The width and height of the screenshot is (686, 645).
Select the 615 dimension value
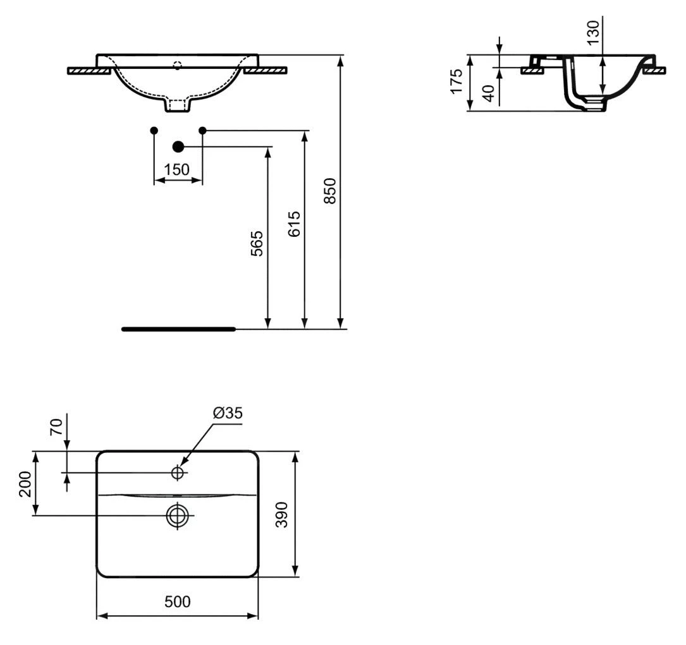[294, 224]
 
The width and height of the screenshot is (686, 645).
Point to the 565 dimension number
[257, 243]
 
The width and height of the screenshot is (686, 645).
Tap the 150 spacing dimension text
[177, 170]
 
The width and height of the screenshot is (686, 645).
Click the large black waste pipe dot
[178, 147]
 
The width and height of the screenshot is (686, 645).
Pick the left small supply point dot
[154, 130]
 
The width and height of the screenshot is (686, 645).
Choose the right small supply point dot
[202, 130]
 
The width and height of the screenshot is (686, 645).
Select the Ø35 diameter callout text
[228, 413]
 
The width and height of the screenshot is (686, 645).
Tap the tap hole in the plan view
[178, 473]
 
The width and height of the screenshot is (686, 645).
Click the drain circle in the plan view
[178, 515]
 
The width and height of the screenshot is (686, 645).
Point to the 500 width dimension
[177, 602]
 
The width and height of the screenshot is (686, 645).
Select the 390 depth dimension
[283, 515]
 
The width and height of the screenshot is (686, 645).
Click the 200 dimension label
[25, 484]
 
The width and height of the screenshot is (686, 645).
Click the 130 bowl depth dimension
[592, 32]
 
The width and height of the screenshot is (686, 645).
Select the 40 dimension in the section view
[488, 93]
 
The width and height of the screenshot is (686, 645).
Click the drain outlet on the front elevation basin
[177, 105]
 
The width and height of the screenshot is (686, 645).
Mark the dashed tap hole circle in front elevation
[178, 64]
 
